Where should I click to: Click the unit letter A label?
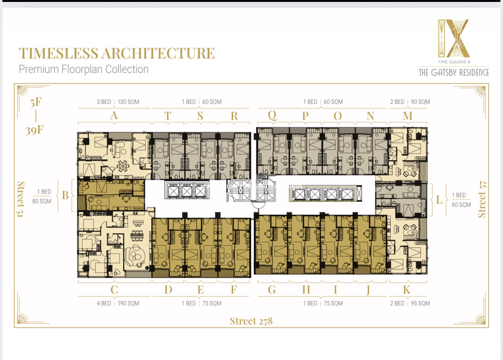pos(114,115)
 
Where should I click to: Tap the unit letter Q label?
pos(272,115)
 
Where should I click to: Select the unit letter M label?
pos(408,116)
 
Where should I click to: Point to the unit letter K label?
pos(407,290)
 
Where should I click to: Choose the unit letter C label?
pos(114,290)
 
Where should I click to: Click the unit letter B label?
pos(65,195)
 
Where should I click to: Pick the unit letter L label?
pos(439,200)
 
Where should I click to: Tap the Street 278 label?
pos(251,321)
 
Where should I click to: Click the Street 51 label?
pos(21,199)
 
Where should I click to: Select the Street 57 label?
pos(482,199)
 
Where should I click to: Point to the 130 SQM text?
pos(128,102)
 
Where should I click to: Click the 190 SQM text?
pos(128,304)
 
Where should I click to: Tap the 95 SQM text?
pos(420,304)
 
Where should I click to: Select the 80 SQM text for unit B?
pos(42,201)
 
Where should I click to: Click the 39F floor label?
pos(34,130)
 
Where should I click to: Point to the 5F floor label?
pos(36,102)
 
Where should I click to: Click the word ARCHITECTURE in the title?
pos(158,53)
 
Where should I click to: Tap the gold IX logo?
pos(454,38)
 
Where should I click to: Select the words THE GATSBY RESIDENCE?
pos(454,72)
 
